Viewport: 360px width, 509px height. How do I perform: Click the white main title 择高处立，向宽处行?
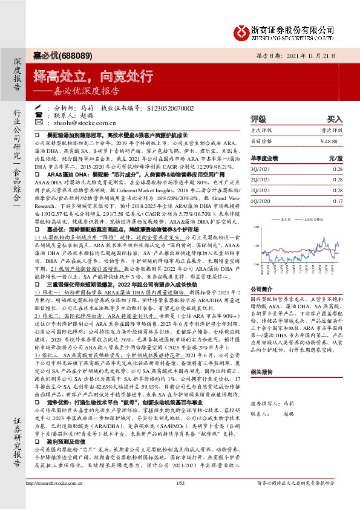click(85, 77)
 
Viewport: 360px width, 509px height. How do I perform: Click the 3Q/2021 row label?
click(260, 170)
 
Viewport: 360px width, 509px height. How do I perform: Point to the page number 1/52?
click(179, 499)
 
